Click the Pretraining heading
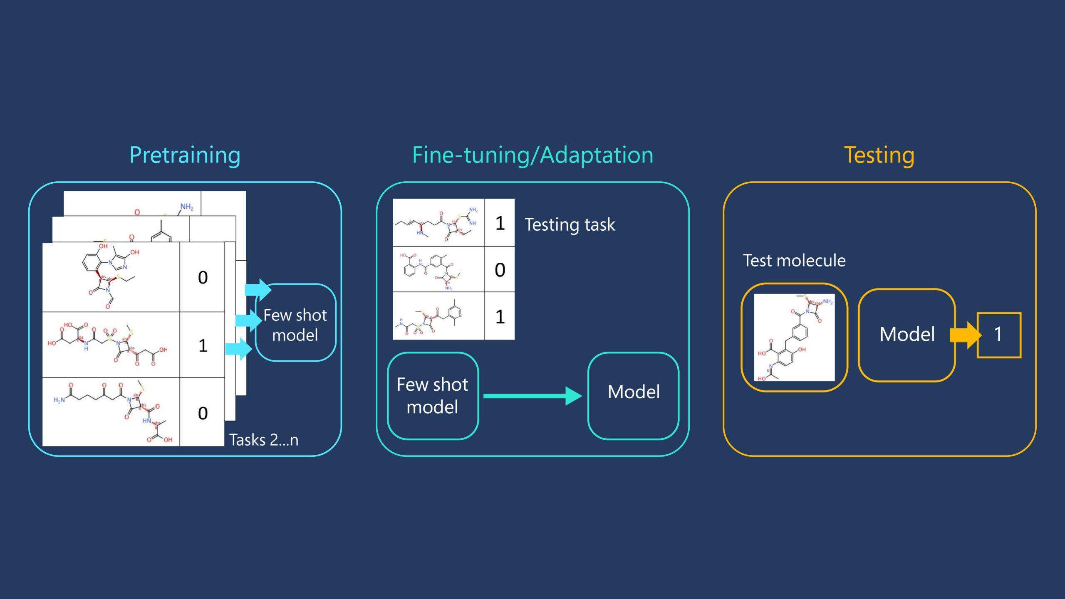[x=185, y=155]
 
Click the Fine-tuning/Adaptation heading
[x=532, y=155]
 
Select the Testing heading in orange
[x=879, y=155]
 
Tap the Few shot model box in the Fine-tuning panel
[x=433, y=395]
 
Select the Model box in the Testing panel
[x=907, y=335]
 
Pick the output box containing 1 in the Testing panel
[x=998, y=335]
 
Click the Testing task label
[x=570, y=225]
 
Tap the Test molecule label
[x=794, y=261]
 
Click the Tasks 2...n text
[x=264, y=440]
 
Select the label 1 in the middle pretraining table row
[x=203, y=345]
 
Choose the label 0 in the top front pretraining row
[x=203, y=278]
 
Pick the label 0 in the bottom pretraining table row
[x=203, y=413]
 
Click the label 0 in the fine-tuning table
[x=500, y=270]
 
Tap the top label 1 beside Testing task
[x=500, y=223]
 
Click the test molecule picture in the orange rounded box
[x=794, y=337]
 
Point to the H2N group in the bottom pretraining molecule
[x=59, y=400]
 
